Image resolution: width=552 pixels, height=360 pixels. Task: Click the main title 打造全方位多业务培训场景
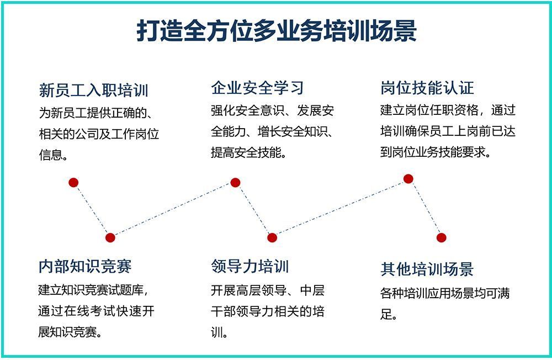[277, 31]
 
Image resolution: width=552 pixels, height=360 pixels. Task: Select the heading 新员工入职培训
[94, 90]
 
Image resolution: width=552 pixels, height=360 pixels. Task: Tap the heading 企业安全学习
[257, 88]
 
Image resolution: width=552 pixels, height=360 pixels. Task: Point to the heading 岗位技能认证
[427, 88]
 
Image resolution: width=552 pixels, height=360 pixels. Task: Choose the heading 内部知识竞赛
[85, 266]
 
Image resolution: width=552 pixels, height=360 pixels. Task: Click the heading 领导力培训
[250, 266]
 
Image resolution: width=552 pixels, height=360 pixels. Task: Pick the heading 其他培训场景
[427, 269]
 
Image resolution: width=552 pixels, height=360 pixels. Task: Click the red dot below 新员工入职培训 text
[73, 182]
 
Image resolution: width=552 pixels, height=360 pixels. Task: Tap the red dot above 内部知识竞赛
[110, 238]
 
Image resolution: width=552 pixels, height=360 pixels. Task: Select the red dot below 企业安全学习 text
[235, 182]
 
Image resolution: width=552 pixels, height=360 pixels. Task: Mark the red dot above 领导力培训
[272, 238]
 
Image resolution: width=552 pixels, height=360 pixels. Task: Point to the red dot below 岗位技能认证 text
[408, 179]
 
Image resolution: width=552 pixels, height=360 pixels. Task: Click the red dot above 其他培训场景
[442, 238]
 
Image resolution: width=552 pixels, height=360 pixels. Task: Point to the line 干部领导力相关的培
[268, 311]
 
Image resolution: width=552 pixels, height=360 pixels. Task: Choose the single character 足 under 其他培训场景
[386, 314]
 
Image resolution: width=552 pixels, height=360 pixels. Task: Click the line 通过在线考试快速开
[96, 311]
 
